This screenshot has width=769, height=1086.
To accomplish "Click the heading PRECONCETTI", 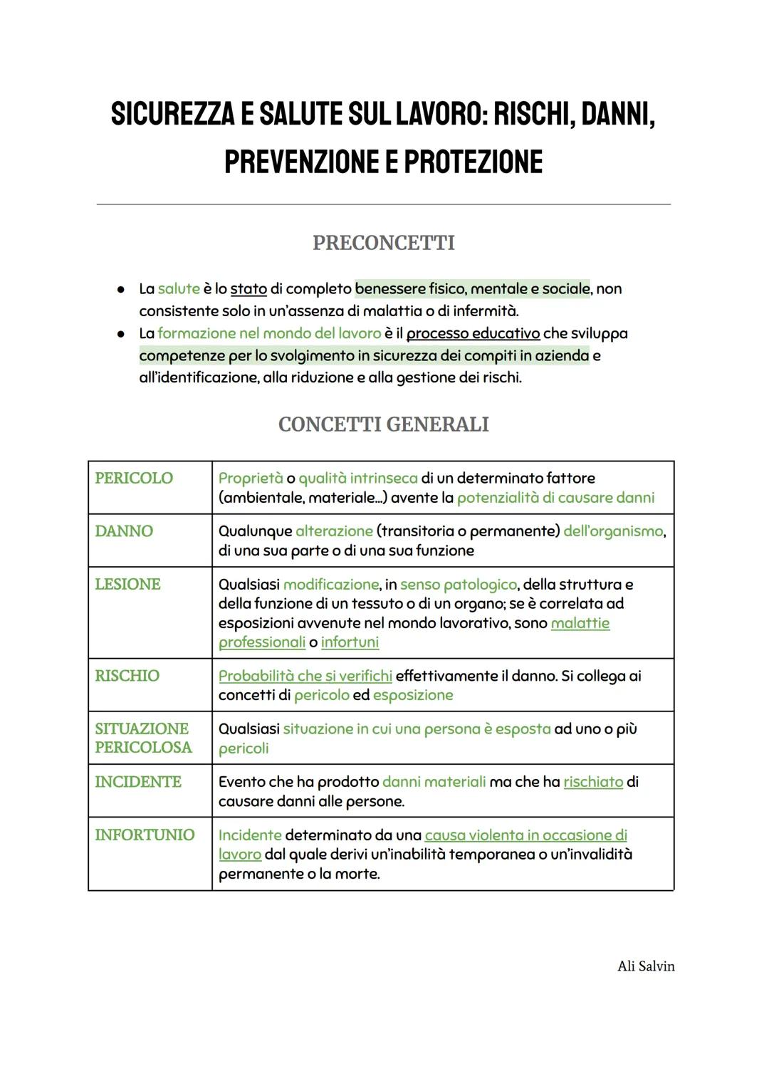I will pos(383,243).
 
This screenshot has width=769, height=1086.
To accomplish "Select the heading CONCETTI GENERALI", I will pos(383,424).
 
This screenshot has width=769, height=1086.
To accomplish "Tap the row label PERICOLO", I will pos(134,478).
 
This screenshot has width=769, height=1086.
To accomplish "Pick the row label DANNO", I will pos(124,531).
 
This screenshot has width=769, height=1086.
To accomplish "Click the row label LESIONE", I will pos(127,584).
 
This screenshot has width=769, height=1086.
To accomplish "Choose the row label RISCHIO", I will pos(127,676).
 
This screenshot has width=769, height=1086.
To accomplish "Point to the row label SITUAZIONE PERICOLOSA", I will pos(143,738).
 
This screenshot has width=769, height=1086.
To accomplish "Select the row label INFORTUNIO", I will pos(145,835).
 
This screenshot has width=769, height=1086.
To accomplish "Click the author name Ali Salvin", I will pos(646,966).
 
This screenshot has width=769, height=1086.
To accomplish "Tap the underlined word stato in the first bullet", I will pos(249,289).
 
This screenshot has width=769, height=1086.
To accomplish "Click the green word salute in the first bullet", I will pos(179,289).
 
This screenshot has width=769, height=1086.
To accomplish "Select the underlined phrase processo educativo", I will pos(473,333).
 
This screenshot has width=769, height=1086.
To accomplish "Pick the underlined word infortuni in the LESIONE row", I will pos(350,642).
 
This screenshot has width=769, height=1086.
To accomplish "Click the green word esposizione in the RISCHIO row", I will pos(413,695).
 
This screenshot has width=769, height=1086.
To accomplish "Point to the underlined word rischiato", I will pos(593,782).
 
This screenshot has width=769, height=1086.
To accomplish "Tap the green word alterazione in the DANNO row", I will pos(334,531).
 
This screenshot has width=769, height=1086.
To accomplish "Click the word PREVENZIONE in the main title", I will pos(302,162).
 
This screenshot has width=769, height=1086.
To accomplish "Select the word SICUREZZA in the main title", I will pos(172,115).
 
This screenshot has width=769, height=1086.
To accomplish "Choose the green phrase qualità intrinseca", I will pos(358,479).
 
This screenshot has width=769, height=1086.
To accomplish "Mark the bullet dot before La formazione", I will pos(121,333).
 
